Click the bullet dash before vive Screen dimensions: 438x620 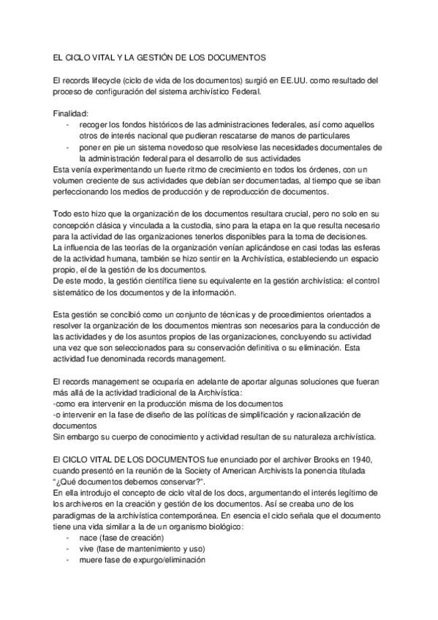coord(67,549)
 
